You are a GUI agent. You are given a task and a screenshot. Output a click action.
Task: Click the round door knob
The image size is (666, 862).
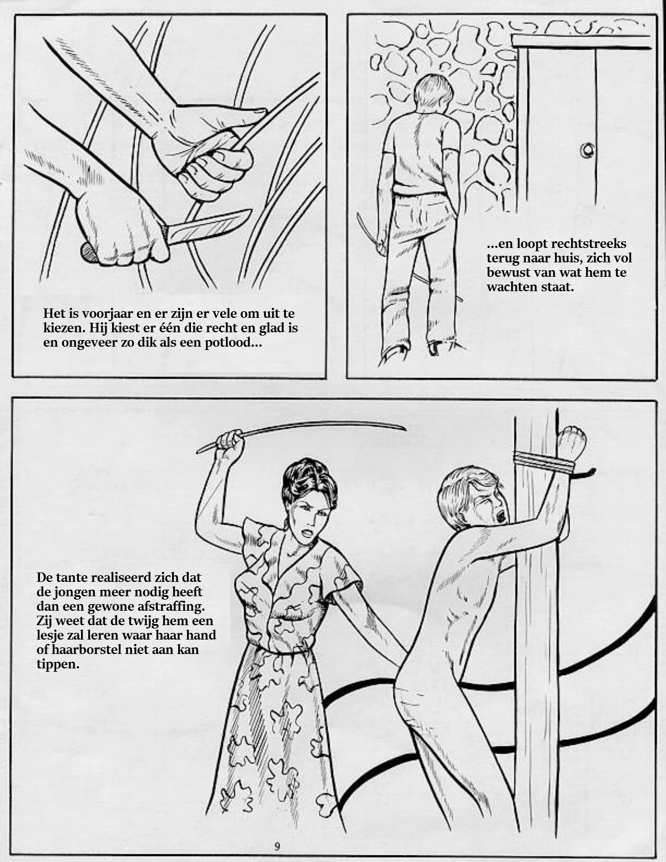click(587, 150)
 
